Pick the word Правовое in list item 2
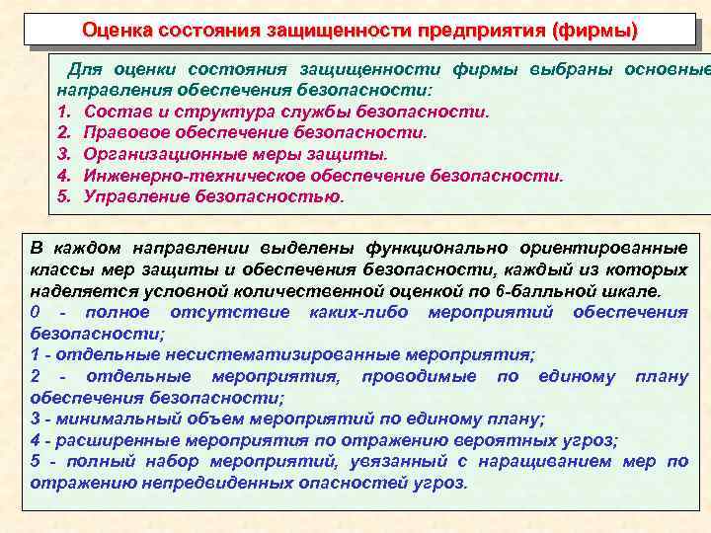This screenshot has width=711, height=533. pos(126,131)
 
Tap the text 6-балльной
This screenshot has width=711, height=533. pos(556,291)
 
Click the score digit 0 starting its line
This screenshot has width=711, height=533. pos(36,313)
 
